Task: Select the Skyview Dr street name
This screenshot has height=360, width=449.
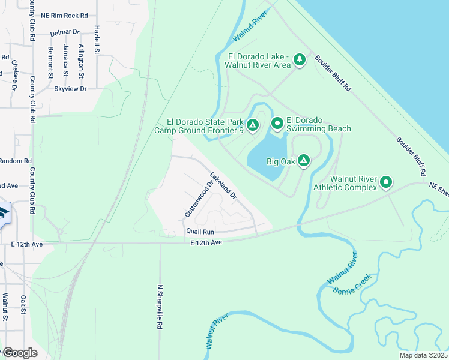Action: (70, 88)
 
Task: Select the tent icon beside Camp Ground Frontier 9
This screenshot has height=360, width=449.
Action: (253, 125)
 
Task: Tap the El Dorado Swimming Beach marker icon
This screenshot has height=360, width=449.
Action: (277, 124)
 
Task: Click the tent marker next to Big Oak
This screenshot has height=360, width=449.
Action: (304, 160)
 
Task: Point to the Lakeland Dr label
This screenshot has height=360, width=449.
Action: (223, 187)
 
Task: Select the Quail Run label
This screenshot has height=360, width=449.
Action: (200, 231)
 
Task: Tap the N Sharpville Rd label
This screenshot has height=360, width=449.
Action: (160, 307)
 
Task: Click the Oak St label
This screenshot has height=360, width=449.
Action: (23, 303)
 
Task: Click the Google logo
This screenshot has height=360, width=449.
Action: (20, 353)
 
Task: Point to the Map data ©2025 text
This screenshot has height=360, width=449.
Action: (423, 355)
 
